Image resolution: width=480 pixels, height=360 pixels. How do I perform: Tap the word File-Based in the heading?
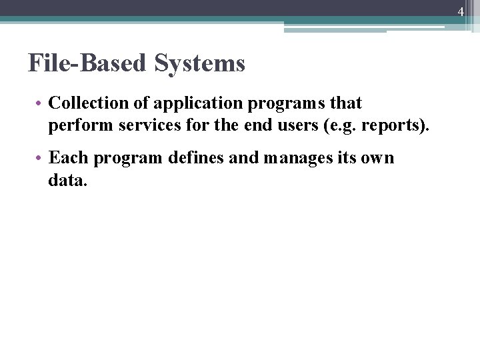[x=89, y=63]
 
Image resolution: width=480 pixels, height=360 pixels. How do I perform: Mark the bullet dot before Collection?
[x=41, y=104]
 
